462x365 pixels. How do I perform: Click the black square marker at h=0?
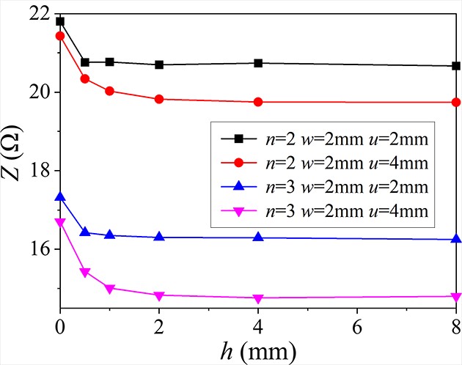[x=60, y=21]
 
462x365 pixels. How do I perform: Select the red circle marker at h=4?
[x=258, y=102]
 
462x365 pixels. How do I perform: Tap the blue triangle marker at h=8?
[x=455, y=239]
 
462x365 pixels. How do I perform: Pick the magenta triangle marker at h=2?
[x=159, y=295]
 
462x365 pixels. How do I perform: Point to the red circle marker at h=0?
[x=60, y=36]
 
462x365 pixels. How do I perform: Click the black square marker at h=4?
[x=258, y=63]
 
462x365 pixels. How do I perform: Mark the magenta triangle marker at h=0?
[x=60, y=222]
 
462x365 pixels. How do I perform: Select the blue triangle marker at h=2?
[x=159, y=237]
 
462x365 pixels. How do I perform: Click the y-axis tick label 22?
[x=40, y=14]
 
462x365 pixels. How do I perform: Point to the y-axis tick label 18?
[x=40, y=171]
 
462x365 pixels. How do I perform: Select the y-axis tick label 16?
[x=40, y=249]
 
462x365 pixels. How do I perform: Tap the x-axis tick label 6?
[x=357, y=325]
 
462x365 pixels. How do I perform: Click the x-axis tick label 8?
[x=455, y=325]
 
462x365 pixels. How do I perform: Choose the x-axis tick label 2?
[x=159, y=325]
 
